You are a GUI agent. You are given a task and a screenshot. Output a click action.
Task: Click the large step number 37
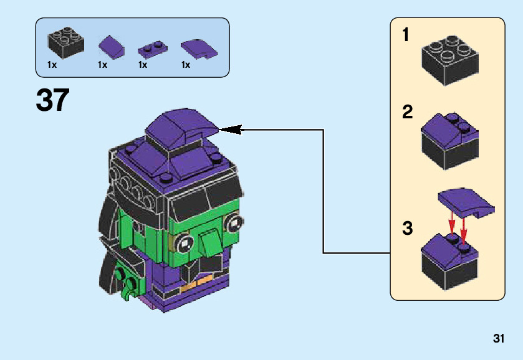[x=53, y=100]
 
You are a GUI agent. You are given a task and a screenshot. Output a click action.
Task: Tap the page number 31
[x=498, y=339]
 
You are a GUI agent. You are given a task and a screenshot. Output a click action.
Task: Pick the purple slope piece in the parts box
[x=111, y=45]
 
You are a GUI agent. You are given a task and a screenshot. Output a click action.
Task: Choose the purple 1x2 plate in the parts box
[x=151, y=47]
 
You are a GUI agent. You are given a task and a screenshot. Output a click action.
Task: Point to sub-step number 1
[x=406, y=36]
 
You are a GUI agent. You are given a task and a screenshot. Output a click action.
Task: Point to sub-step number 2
[x=407, y=113]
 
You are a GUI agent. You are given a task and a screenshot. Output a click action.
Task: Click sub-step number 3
[x=407, y=229]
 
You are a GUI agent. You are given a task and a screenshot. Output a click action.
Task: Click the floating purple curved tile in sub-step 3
[x=467, y=202]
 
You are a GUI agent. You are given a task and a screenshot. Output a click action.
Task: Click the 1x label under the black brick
[x=52, y=65]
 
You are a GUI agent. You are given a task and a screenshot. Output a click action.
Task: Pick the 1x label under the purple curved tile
[x=186, y=65]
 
